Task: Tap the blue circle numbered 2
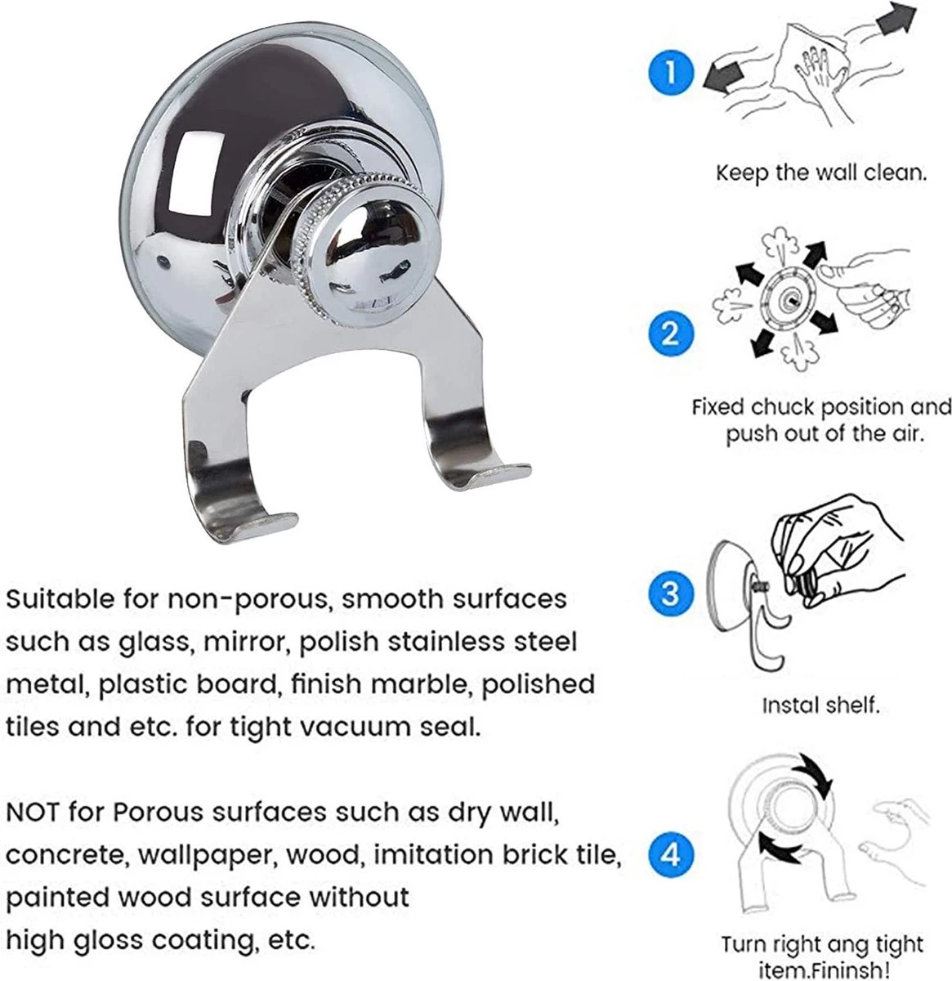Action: click(670, 334)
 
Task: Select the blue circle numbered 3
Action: click(670, 594)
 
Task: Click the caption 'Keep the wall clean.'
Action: click(821, 173)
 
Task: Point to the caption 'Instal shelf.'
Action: click(820, 706)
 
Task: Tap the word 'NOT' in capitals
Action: click(33, 813)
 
